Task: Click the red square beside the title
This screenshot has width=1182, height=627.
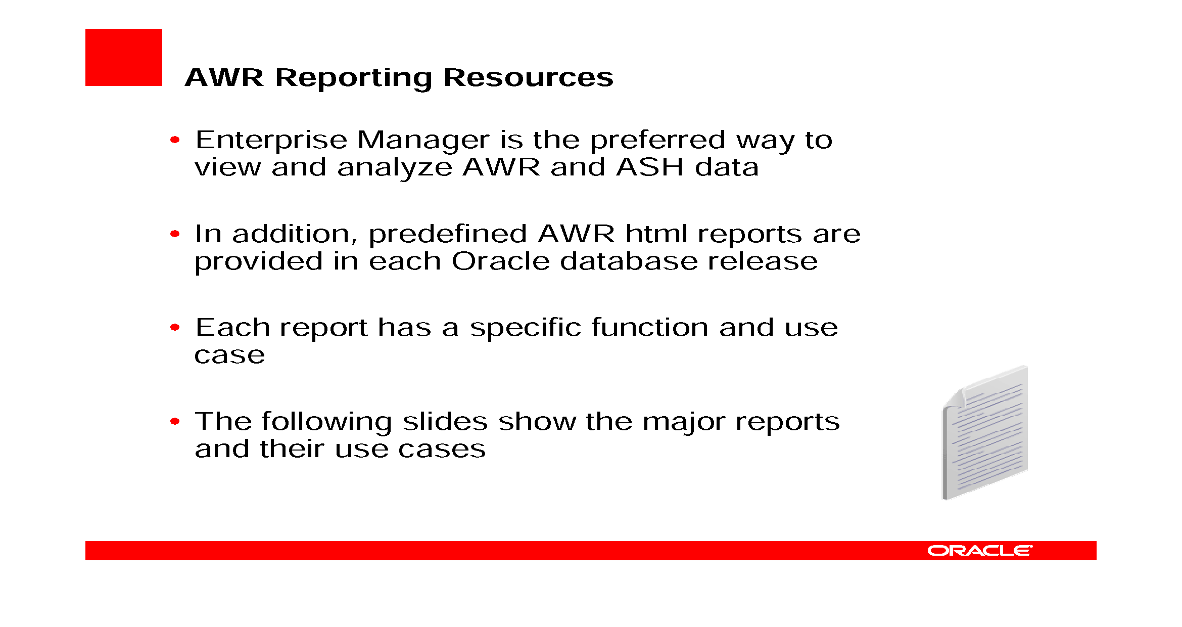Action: pos(123,57)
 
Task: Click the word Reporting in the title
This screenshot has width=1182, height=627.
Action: pos(353,78)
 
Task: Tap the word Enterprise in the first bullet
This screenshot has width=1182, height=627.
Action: pos(271,140)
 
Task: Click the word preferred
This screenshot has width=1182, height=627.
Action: pos(657,140)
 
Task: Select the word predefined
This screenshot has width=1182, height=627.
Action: pos(448,235)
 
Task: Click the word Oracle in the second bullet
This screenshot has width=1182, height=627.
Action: pos(500,261)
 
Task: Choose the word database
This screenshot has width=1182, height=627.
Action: pos(628,261)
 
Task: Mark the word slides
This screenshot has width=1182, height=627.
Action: pos(445,422)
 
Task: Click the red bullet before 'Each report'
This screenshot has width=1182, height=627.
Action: pos(175,328)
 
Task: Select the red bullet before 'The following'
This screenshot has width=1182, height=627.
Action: pos(175,421)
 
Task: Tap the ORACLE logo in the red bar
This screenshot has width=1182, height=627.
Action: pos(979,551)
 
